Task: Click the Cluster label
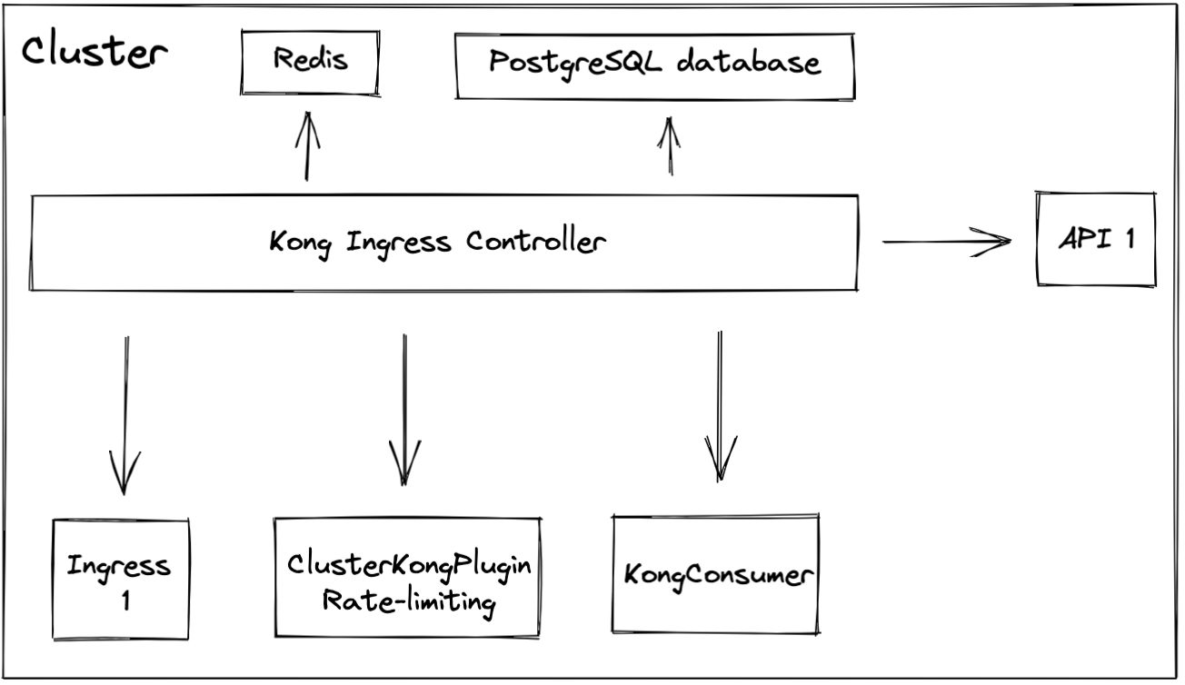pos(95,54)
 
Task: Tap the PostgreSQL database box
pos(654,64)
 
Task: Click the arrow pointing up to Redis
pos(308,145)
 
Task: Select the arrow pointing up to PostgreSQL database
pos(670,145)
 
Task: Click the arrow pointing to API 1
pos(946,242)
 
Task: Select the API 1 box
pos(1095,240)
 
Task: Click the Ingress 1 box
pos(120,579)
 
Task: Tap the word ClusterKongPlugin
pos(408,564)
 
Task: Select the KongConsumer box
pos(716,574)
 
